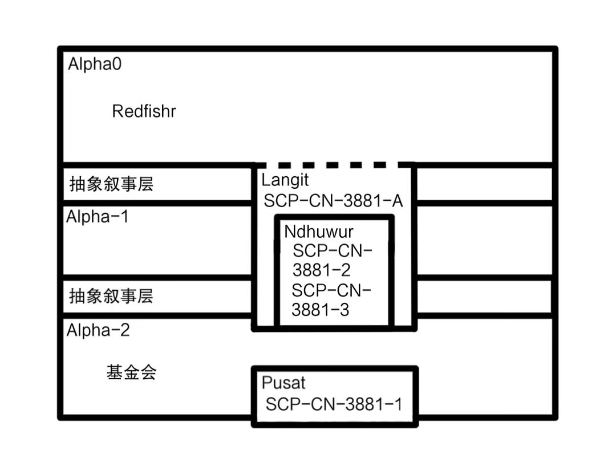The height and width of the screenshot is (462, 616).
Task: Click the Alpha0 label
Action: (95, 64)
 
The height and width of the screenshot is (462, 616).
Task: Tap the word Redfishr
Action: (144, 111)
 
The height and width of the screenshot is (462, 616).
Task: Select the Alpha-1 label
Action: (98, 217)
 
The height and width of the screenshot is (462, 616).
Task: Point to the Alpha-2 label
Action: (98, 330)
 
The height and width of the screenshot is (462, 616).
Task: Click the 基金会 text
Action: (131, 372)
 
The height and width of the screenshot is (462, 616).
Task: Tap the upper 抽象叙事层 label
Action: (111, 184)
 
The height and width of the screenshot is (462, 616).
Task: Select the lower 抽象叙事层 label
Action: (111, 296)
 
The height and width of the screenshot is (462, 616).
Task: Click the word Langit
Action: (285, 180)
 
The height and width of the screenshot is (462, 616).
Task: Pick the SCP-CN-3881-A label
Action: (334, 201)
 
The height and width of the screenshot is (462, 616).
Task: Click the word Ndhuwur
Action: (319, 232)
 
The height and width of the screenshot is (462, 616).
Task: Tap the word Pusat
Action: (283, 383)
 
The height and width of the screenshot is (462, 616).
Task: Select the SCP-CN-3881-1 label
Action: (334, 404)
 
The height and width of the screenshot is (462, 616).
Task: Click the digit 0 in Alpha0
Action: (116, 64)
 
